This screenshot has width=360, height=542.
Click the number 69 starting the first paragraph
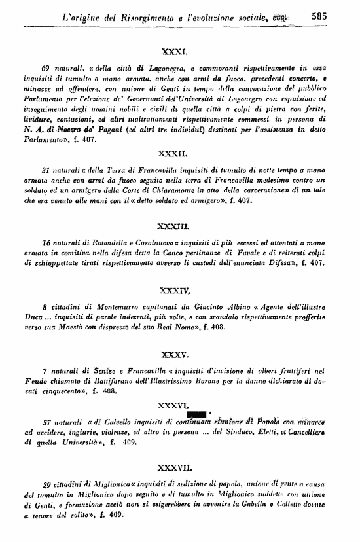point(45,67)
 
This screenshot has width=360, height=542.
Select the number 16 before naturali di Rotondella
point(46,243)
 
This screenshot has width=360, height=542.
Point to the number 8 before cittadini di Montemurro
point(43,305)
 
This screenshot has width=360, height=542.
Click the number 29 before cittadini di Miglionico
point(46,484)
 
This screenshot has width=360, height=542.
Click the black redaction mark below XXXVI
point(197,413)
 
